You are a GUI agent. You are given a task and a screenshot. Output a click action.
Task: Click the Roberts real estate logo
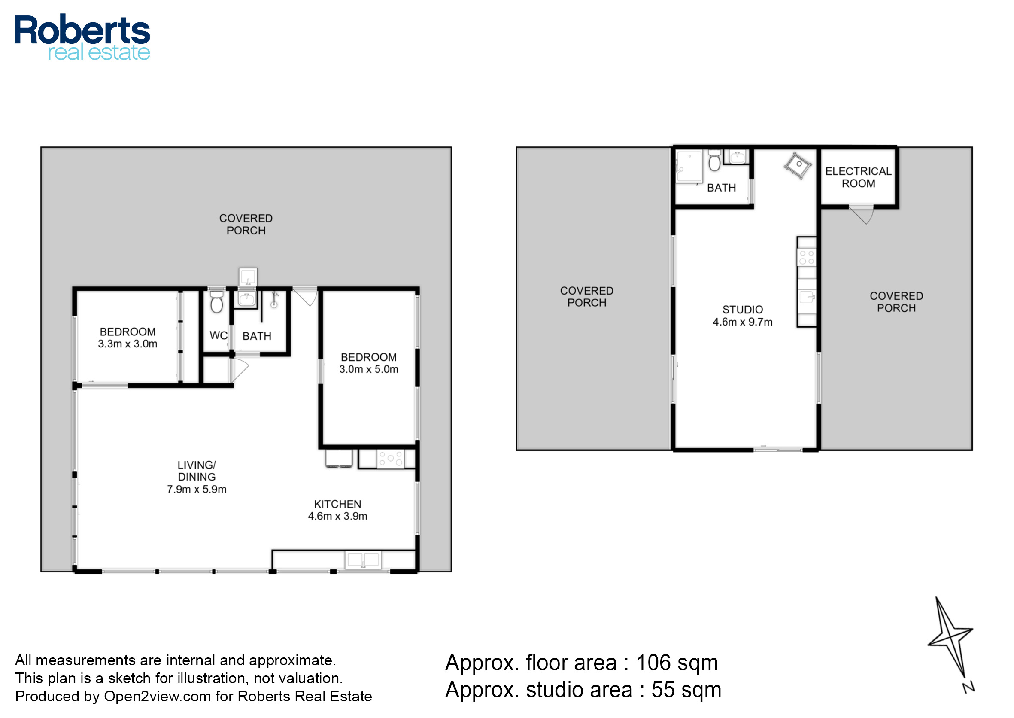pyautogui.click(x=83, y=37)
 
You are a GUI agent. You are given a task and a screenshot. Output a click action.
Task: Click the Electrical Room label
pyautogui.click(x=858, y=177)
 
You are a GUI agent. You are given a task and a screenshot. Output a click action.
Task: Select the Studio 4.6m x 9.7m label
pyautogui.click(x=742, y=316)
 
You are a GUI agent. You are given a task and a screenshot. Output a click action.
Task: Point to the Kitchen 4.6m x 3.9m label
pyautogui.click(x=337, y=510)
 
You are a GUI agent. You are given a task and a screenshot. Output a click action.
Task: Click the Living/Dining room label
pyautogui.click(x=197, y=477)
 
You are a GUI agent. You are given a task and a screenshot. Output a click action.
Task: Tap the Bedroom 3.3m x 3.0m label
pyautogui.click(x=128, y=338)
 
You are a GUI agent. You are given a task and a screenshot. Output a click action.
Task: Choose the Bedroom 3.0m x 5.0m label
pyautogui.click(x=369, y=363)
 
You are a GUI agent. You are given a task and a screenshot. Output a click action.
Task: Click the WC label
pyautogui.click(x=219, y=335)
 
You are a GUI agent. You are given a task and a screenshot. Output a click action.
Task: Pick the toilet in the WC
pyautogui.click(x=217, y=301)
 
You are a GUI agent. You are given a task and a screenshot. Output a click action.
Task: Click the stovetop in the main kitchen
pyautogui.click(x=390, y=459)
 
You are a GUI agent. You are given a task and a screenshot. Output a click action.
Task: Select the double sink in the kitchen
pyautogui.click(x=362, y=560)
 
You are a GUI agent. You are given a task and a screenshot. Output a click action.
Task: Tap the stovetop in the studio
pyautogui.click(x=806, y=257)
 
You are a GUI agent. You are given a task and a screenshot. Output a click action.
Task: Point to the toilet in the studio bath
pyautogui.click(x=714, y=161)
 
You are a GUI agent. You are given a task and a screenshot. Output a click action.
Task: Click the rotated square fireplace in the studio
pyautogui.click(x=798, y=166)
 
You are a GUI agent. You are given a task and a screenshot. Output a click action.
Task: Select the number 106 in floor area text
pyautogui.click(x=653, y=663)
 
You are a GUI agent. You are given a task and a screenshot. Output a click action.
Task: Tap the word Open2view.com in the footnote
pyautogui.click(x=158, y=697)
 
